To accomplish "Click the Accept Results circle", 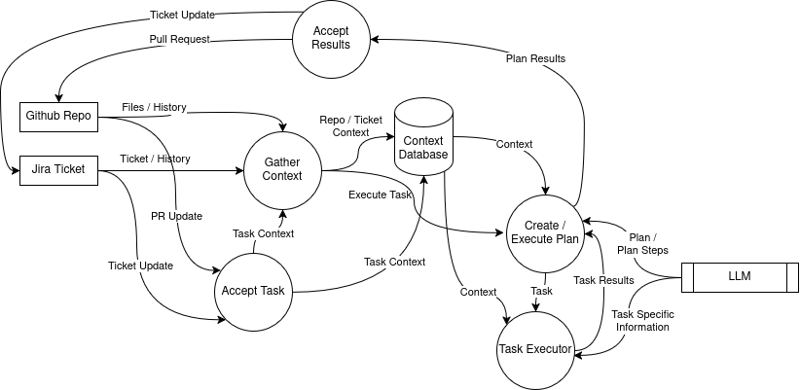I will coord(332,37).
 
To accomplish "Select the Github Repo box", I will coord(58,116).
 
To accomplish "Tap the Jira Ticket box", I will coord(58,170).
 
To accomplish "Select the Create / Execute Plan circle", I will coord(545,232).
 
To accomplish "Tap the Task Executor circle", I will coord(536,349).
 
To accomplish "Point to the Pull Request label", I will coord(180,40).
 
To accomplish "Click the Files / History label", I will coord(155,106).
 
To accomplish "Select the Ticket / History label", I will coord(155,159).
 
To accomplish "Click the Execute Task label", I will coord(382,196).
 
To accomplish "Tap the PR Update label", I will coord(176,215).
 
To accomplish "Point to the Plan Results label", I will coord(535,58).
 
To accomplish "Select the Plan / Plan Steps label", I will coord(642,242).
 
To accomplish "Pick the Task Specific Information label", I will coord(642,320).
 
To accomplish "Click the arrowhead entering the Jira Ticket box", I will coord(15,170).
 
